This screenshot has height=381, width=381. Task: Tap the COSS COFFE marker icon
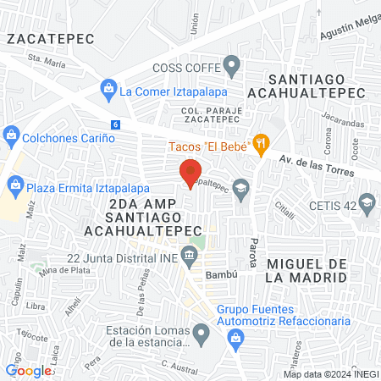coord(231,67)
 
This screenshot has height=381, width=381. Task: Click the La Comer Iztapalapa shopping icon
coord(108,88)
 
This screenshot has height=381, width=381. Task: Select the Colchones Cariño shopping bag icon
coord(11,134)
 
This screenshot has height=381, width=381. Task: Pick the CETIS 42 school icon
coord(367,202)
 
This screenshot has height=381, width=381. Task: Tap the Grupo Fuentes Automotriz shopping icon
coord(237,340)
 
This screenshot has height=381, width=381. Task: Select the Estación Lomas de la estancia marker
coord(201,334)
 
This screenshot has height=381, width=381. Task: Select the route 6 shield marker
coord(114,124)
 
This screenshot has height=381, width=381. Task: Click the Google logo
coord(29,370)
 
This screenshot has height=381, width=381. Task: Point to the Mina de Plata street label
coord(59,269)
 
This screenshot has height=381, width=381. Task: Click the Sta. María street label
coord(47,60)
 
